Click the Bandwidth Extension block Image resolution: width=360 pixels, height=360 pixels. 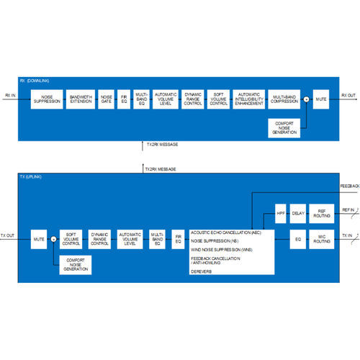(x=81, y=99)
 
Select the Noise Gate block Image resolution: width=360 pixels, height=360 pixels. (x=106, y=99)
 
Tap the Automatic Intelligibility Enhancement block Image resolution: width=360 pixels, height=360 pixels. (x=248, y=99)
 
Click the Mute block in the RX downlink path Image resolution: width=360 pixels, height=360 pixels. (x=322, y=99)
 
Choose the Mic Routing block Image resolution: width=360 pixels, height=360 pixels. (x=322, y=238)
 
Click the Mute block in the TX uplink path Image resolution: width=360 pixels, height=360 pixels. (x=40, y=238)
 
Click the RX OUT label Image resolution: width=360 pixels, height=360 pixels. (x=348, y=95)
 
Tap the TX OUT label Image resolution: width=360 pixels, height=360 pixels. (x=9, y=233)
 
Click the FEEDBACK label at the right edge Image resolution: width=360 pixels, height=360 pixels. (x=349, y=186)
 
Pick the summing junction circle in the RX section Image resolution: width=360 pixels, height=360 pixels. (x=307, y=99)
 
